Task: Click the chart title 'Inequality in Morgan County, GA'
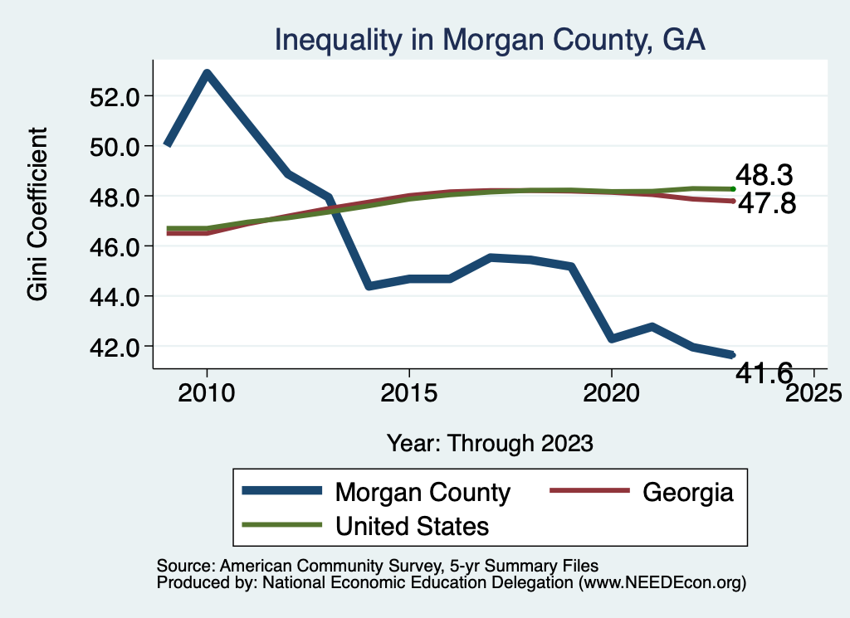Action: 490,40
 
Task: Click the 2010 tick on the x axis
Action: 207,392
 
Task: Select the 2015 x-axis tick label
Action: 408,392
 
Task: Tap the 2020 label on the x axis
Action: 611,392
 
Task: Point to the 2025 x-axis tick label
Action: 813,392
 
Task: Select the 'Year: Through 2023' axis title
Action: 490,442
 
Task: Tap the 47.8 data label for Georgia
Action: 766,204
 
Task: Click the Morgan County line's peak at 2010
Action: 207,73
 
